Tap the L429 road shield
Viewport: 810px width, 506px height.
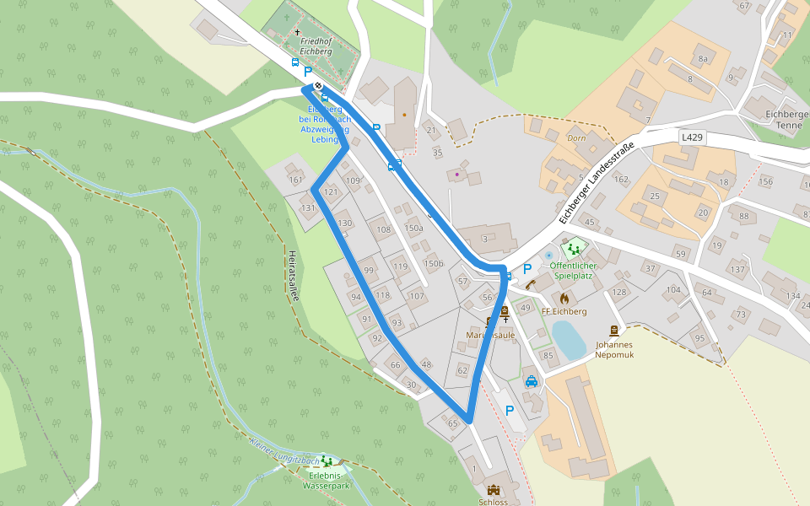pyautogui.click(x=692, y=136)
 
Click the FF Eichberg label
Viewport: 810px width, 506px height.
pyautogui.click(x=564, y=311)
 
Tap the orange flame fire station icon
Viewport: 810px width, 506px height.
pyautogui.click(x=564, y=298)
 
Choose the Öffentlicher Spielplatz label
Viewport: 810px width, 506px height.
pyautogui.click(x=574, y=271)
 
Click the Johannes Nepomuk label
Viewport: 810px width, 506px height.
pyautogui.click(x=613, y=349)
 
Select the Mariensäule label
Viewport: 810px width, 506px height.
pyautogui.click(x=490, y=336)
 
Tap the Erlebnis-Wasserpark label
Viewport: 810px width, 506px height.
pyautogui.click(x=326, y=480)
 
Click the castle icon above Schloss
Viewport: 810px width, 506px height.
pyautogui.click(x=494, y=489)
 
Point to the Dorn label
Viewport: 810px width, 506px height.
pyautogui.click(x=576, y=137)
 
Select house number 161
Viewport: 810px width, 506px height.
pyautogui.click(x=294, y=180)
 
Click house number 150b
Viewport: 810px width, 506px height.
pyautogui.click(x=434, y=264)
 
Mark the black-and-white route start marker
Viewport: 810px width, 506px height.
pyautogui.click(x=318, y=85)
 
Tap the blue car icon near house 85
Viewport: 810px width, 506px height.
pyautogui.click(x=531, y=381)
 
